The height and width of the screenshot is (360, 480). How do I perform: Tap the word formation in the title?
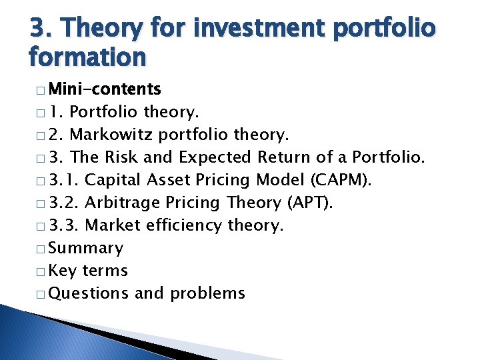pos(87,57)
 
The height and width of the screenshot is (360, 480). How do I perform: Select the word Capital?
pos(113,181)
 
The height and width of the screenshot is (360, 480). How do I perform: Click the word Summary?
pos(86,249)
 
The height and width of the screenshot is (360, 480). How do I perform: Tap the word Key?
pos(63,271)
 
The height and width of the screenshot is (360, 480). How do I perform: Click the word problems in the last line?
pos(207,294)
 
